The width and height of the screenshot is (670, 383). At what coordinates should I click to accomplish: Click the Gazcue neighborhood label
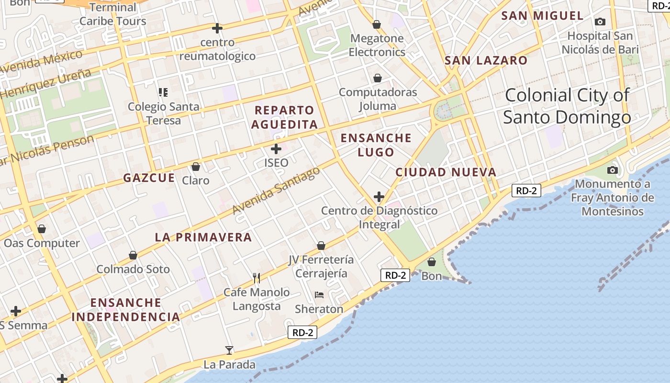coord(149,178)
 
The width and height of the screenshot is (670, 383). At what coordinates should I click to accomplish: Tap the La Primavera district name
coord(203,237)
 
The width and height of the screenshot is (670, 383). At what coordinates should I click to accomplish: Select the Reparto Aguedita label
coord(284,117)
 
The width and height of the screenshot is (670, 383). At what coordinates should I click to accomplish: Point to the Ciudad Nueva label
coord(446,172)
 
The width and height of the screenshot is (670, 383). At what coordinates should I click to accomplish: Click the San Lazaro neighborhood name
coord(486,60)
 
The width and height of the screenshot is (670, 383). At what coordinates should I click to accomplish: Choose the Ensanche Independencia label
coord(126,310)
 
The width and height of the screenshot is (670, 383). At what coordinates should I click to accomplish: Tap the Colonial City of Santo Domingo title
coord(567,106)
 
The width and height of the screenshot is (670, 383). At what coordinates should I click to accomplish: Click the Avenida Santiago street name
coord(276,191)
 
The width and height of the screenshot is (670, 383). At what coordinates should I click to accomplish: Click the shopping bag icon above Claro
coord(195,167)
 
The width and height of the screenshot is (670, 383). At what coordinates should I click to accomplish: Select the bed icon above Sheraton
coord(319,295)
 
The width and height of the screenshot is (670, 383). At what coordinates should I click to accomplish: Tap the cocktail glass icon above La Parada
coord(229,350)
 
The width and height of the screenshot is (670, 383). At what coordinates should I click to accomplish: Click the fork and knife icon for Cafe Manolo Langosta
coord(257,278)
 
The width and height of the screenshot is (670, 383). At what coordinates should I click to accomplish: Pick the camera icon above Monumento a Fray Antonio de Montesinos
coord(612,170)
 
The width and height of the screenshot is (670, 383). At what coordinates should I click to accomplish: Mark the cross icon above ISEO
coord(276,149)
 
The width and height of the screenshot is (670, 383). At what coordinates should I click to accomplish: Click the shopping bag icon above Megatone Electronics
coord(377,24)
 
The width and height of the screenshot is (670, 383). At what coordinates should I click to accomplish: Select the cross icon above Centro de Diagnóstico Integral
coord(379,197)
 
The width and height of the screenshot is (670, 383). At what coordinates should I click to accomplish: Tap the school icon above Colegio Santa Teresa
coord(163,92)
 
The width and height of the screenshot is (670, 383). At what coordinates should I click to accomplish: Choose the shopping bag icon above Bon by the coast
coord(432,262)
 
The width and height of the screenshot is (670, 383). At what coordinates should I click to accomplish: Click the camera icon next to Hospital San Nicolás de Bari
coord(600,22)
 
